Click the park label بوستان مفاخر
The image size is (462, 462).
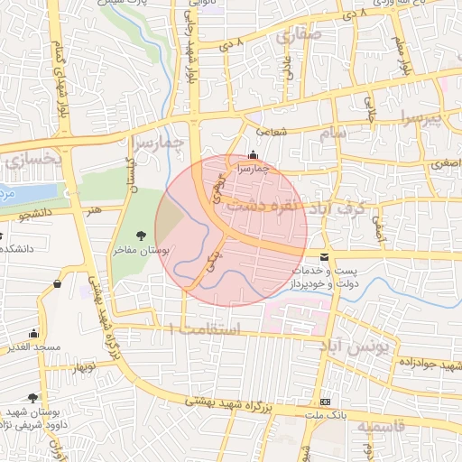click(145, 252)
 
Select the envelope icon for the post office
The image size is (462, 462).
click(324, 259)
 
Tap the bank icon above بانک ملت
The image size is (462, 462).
click(325, 401)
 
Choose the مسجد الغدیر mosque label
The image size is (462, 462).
click(42, 347)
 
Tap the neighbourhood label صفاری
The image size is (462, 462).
click(291, 37)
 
